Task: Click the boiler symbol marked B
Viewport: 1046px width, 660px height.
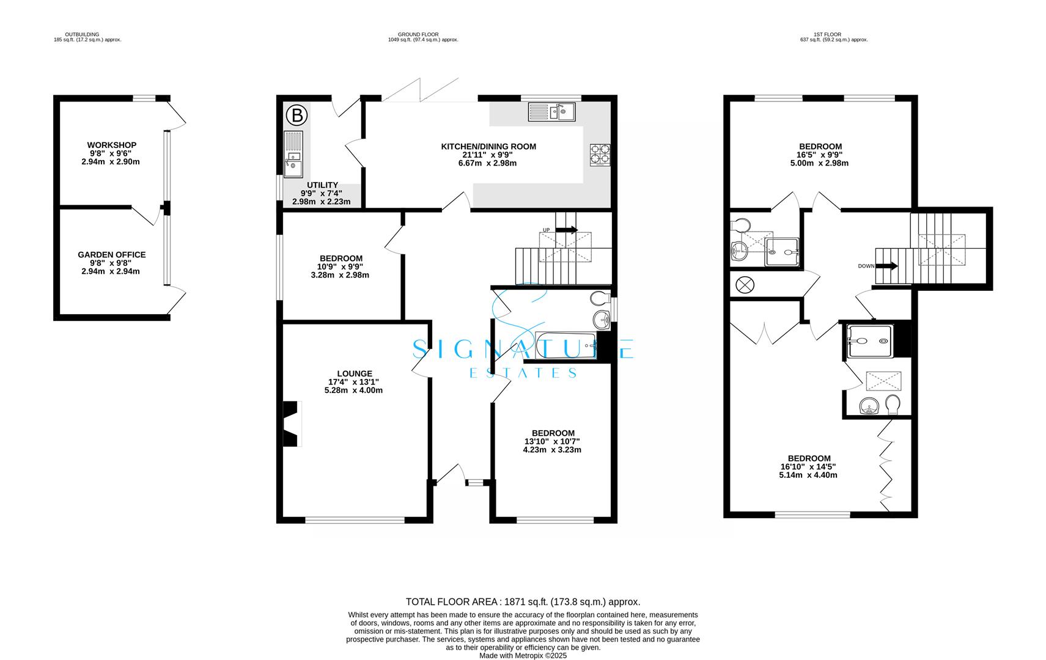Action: pos(296,115)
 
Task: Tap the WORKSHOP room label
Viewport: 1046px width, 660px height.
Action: pos(112,145)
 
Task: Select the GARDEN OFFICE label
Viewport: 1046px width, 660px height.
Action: pos(112,255)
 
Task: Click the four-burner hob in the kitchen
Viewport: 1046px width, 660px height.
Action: pos(600,155)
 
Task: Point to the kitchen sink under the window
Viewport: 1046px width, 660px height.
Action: pos(551,112)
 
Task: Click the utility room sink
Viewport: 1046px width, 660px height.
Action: pos(293,154)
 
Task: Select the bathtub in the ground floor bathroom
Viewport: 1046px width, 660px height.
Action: pos(565,345)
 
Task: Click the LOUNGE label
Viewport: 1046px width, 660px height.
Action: pos(355,374)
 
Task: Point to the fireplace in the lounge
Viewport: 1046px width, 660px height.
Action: pos(292,424)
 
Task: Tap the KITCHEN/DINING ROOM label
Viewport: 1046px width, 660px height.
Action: pos(488,147)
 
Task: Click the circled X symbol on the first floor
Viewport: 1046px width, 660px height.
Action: pos(745,285)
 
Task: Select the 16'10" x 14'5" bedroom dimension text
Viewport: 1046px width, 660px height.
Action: pos(808,467)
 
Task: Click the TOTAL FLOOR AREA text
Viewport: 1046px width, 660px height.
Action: pos(523,602)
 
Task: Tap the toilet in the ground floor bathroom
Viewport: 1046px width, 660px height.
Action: pos(600,298)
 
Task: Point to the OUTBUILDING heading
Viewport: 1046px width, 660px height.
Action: pos(82,35)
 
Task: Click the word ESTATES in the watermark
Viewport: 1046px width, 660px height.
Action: pos(523,373)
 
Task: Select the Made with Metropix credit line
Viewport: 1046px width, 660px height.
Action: pos(523,656)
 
